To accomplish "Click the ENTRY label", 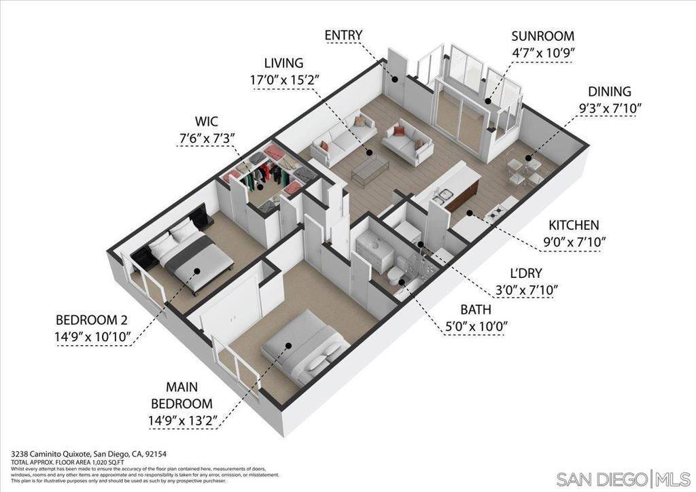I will click(x=343, y=35).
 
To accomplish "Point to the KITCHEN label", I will click(x=574, y=225).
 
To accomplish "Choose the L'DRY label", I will click(x=527, y=273).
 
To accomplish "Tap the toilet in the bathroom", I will click(x=395, y=276).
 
